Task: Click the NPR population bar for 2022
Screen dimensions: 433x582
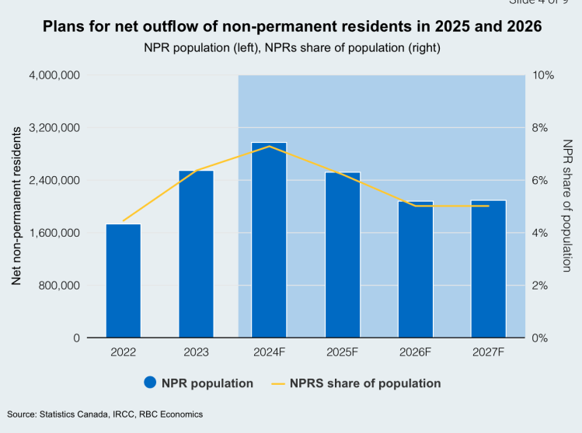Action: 124,281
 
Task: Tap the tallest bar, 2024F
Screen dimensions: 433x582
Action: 269,240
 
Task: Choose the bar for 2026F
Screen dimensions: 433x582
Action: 416,269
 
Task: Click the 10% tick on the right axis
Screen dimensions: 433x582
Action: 543,75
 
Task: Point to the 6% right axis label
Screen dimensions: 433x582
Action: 541,180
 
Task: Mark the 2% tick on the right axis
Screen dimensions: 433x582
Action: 541,286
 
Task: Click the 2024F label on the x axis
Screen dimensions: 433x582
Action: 269,352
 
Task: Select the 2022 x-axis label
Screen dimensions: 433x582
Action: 124,352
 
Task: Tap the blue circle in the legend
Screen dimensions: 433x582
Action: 151,383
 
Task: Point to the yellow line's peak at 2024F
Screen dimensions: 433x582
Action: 269,146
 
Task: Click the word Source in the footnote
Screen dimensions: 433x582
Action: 22,414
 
